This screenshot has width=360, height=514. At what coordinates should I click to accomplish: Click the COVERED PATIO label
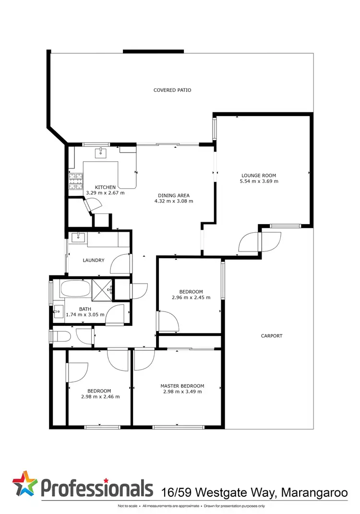click(x=172, y=90)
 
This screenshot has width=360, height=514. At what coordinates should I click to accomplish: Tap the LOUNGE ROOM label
click(x=259, y=176)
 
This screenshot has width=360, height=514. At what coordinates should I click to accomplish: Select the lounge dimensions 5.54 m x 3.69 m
click(x=259, y=181)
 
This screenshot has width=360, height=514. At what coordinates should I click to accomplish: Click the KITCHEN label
click(x=105, y=187)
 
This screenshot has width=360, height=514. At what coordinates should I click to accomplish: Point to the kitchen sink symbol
click(x=101, y=153)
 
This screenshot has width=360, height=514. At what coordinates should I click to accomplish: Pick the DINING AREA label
click(x=173, y=195)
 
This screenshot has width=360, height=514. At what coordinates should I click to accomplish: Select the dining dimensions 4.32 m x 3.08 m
click(x=173, y=201)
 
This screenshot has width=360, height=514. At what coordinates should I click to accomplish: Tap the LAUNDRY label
click(x=94, y=260)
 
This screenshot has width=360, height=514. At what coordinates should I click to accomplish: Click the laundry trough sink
click(x=78, y=237)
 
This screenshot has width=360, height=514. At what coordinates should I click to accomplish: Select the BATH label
click(x=85, y=309)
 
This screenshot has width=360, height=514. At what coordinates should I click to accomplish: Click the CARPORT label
click(x=272, y=336)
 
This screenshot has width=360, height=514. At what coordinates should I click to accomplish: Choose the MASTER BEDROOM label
click(x=182, y=386)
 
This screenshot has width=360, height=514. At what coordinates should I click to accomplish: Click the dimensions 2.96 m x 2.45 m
click(x=191, y=297)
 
